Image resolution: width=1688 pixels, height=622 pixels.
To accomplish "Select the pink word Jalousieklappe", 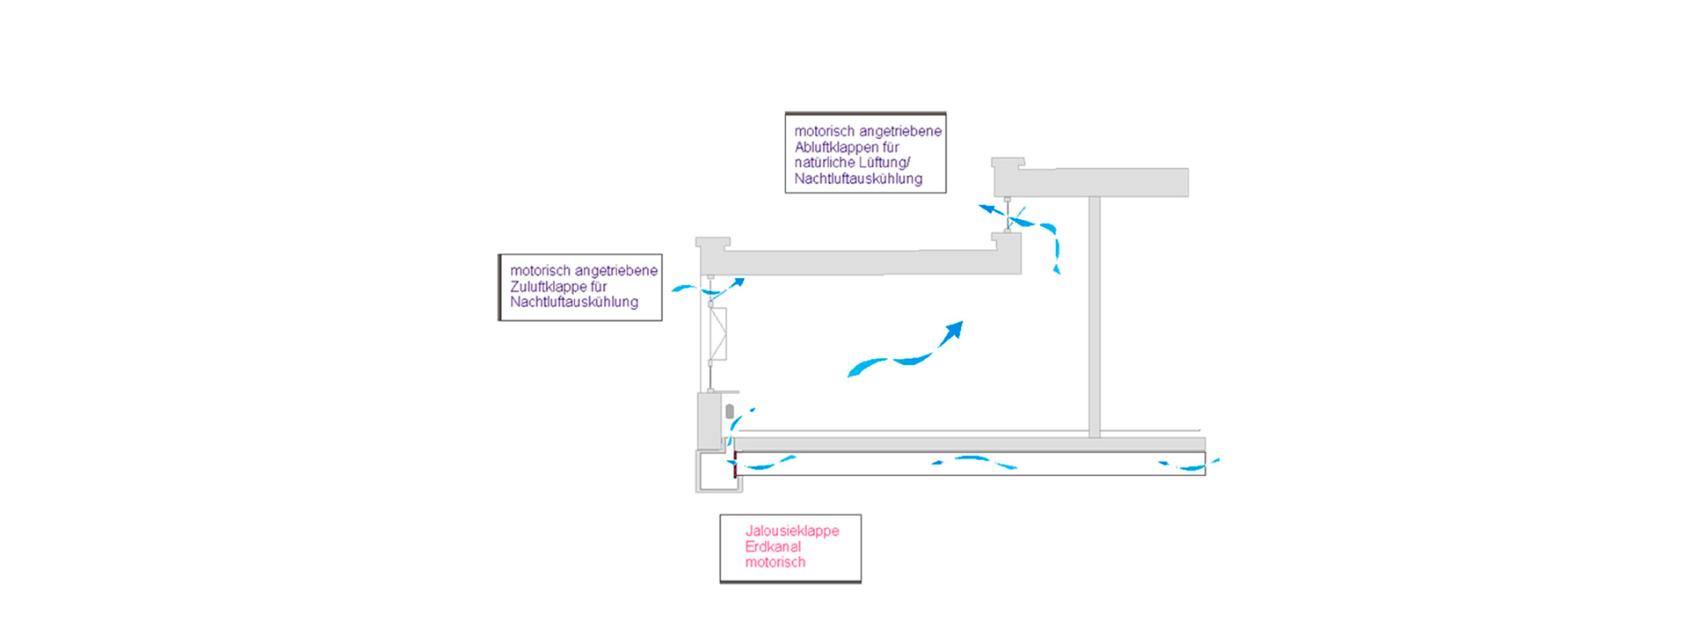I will tap(791, 531).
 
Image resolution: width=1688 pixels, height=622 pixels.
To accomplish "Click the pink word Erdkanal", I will tap(773, 546).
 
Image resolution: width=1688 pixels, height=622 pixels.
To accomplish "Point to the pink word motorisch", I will tap(775, 562).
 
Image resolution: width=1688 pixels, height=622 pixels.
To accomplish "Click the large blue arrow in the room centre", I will tap(906, 352).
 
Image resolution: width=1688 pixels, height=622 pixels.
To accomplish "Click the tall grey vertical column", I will tap(1095, 317).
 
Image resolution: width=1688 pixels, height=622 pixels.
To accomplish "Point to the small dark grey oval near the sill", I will tap(730, 411).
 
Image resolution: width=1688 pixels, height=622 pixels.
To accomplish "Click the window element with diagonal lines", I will tap(718, 334).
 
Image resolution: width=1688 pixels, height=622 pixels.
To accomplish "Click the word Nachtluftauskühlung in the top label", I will tap(858, 179).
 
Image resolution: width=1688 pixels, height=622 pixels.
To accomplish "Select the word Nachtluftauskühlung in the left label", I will tap(574, 302).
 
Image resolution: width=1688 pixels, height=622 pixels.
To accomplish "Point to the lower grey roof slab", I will tap(862, 261).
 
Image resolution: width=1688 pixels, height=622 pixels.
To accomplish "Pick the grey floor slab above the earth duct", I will tap(967, 444).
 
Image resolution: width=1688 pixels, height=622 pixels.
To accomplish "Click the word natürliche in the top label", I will tap(822, 163).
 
